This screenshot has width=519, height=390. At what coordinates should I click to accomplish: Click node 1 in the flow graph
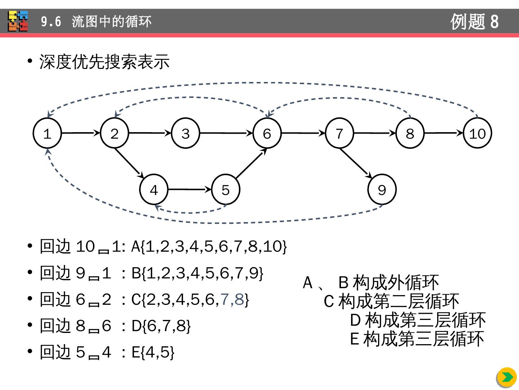tap(47, 133)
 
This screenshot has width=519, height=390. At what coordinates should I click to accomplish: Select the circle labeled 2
tap(115, 133)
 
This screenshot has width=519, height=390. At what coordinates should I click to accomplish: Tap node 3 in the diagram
tap(185, 133)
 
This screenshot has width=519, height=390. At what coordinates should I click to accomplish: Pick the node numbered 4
tap(154, 190)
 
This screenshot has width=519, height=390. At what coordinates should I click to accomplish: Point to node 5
tap(226, 190)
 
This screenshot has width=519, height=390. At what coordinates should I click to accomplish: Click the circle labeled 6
tap(267, 133)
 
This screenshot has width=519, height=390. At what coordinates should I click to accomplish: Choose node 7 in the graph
tap(339, 133)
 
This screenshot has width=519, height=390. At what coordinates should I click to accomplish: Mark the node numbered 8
tap(410, 133)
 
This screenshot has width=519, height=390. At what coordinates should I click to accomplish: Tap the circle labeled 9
tap(382, 190)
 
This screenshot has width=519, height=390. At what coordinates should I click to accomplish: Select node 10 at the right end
tap(478, 133)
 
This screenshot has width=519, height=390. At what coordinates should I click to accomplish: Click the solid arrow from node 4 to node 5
tap(190, 189)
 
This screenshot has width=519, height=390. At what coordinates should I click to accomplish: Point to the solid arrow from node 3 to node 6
tap(226, 133)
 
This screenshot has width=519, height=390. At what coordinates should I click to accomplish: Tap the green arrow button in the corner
tap(507, 377)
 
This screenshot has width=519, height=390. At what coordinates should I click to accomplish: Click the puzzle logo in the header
tap(18, 21)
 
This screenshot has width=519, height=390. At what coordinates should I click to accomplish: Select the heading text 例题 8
tap(474, 21)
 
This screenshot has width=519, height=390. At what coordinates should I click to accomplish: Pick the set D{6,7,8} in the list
tap(161, 326)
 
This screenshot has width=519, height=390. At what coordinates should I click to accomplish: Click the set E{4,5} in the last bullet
tap(153, 352)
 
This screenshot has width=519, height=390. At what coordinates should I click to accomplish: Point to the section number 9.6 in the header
tap(51, 22)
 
